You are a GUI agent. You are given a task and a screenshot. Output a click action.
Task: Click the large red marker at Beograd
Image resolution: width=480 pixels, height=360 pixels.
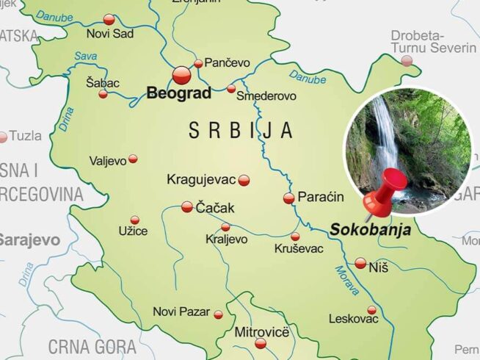(181, 74)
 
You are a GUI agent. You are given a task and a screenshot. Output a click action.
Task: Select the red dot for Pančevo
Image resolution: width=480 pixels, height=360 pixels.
(198, 63)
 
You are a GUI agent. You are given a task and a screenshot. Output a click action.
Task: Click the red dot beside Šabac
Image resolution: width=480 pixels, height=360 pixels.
(103, 94)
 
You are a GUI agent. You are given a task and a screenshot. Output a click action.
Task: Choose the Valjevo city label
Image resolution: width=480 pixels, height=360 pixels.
(107, 160)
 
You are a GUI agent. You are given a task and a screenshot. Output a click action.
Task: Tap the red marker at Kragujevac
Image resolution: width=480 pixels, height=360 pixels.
(244, 180)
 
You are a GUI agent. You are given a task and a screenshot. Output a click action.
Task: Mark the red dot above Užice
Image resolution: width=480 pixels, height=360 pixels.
(134, 220)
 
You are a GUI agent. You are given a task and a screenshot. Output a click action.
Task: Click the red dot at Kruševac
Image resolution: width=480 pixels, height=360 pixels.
(295, 237)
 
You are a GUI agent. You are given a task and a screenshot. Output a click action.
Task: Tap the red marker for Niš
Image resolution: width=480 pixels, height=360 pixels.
(360, 263)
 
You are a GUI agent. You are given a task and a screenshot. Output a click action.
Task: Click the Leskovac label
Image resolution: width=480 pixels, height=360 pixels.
(353, 319)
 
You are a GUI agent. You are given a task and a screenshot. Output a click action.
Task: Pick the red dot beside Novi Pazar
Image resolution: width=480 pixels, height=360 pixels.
(218, 314)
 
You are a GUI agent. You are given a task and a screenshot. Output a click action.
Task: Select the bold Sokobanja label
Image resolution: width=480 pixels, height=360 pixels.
(370, 229)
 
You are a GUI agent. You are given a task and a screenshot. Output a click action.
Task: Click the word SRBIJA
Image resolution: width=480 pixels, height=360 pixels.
(241, 131)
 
